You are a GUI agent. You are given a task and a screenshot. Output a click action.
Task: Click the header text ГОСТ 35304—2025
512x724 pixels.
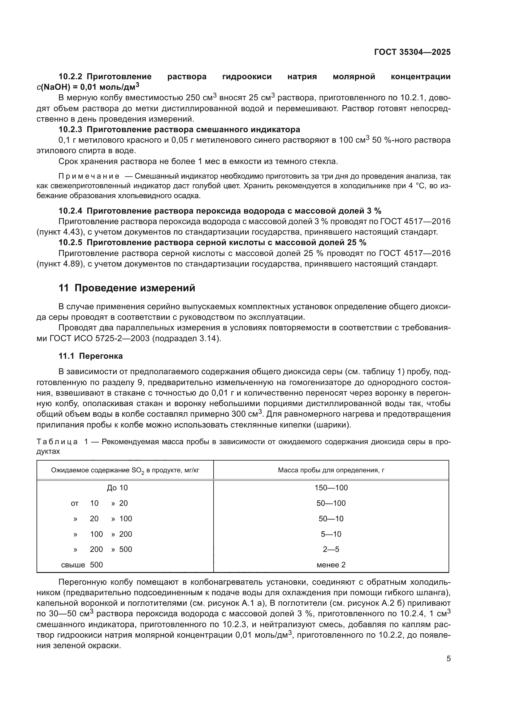tap(412, 52)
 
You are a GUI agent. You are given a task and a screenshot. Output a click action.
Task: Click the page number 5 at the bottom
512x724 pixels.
tap(448, 658)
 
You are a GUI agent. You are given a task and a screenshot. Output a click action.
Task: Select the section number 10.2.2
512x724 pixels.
tap(70, 77)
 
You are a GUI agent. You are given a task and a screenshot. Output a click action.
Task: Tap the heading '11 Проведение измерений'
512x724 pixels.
tap(127, 288)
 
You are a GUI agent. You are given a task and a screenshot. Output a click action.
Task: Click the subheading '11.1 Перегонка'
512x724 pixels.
tap(90, 356)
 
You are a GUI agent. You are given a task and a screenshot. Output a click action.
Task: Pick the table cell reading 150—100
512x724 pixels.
tap(331, 488)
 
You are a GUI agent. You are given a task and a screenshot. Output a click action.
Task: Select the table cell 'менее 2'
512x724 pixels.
tap(331, 565)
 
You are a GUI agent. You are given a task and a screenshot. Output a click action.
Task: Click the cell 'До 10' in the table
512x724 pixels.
tap(117, 488)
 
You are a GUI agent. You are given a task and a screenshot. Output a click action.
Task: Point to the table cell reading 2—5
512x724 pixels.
tap(331, 549)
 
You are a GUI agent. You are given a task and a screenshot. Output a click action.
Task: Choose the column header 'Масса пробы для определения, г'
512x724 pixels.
tap(331, 470)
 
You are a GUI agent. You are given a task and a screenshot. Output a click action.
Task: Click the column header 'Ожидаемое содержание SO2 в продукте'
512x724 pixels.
tap(125, 470)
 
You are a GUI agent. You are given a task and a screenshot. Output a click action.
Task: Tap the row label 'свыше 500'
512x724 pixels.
tap(82, 565)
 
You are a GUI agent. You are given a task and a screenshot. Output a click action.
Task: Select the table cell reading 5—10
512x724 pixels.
tap(331, 534)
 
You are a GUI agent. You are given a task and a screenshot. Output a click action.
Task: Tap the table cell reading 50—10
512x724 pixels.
tap(331, 519)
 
